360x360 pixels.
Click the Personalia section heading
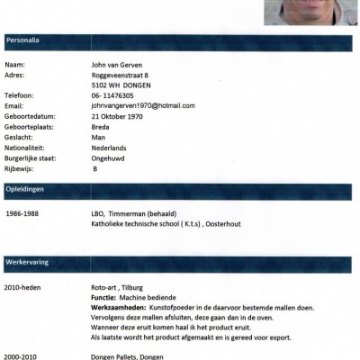[23, 40]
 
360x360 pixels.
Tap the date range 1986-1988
[23, 214]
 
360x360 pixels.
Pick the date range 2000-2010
[23, 355]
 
